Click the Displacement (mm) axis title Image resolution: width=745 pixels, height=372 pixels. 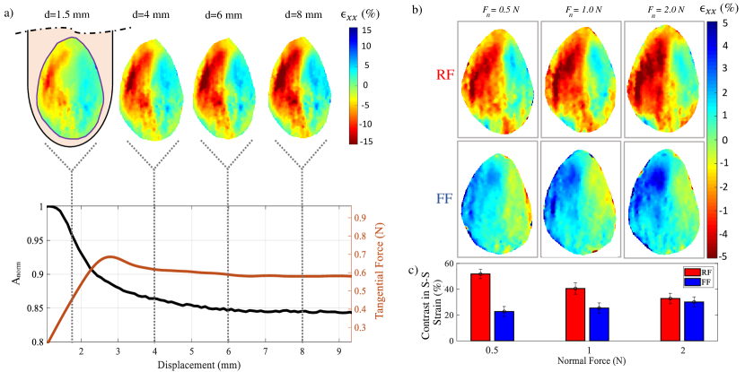pyautogui.click(x=193, y=366)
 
